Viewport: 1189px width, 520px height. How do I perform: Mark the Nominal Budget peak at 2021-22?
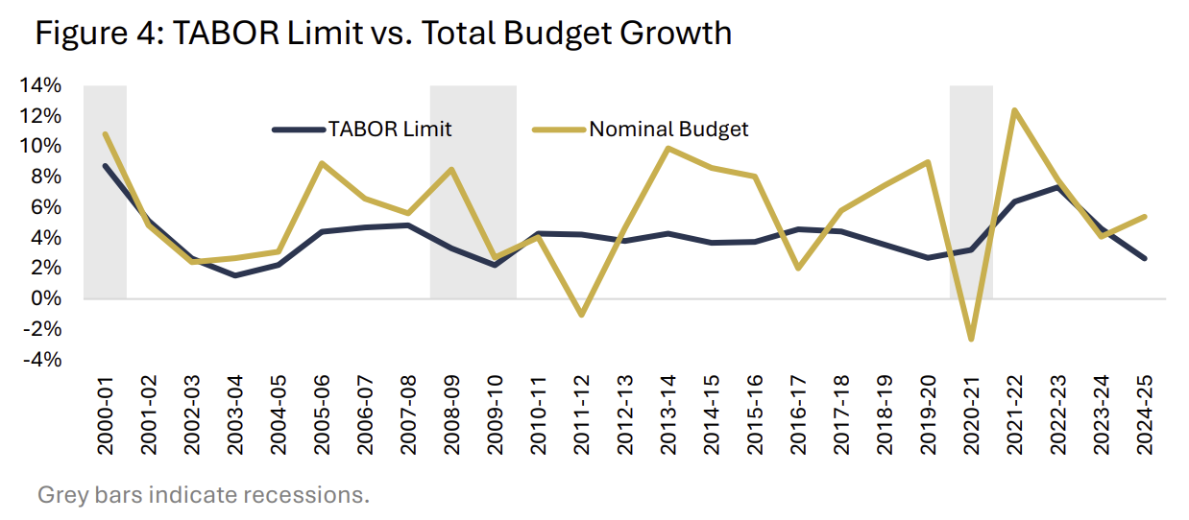tap(1014, 110)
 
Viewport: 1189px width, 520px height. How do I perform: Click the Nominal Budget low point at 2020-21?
tap(971, 339)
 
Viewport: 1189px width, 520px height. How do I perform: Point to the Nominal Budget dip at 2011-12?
tap(581, 315)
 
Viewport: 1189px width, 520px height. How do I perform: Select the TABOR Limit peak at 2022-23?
tap(1057, 187)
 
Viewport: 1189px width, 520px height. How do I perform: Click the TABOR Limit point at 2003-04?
tap(235, 275)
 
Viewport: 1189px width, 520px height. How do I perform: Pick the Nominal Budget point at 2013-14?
tap(667, 148)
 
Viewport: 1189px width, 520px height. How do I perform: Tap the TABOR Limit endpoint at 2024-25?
tap(1144, 258)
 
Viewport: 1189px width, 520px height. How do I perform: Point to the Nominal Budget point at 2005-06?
tap(322, 163)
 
